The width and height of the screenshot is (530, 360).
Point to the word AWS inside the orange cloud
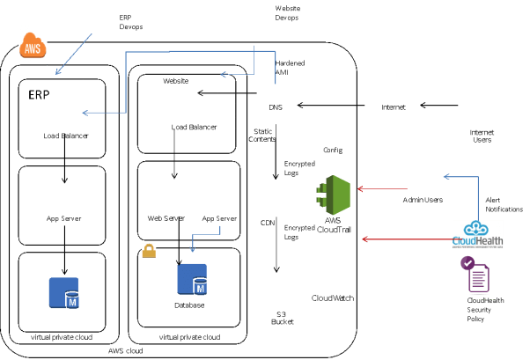33,48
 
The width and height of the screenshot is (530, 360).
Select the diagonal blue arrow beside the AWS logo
74,54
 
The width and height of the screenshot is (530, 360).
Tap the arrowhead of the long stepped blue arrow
85,113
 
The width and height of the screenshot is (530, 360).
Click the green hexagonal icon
335,195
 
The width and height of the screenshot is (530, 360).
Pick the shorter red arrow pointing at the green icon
382,188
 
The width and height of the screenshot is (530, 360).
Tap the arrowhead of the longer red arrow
364,239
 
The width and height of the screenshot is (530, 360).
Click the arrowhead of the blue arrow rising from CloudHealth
445,177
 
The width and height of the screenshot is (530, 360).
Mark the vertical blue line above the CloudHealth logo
478,197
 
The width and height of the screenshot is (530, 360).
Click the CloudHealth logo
478,233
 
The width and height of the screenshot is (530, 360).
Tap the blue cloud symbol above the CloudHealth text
476,228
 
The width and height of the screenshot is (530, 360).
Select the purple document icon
478,275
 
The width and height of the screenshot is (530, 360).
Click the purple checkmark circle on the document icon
467,262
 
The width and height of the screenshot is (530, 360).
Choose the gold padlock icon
149,251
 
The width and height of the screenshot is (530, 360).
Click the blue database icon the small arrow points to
192,278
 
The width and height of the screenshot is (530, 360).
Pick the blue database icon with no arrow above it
63,292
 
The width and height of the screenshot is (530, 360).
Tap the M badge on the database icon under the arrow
200,288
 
